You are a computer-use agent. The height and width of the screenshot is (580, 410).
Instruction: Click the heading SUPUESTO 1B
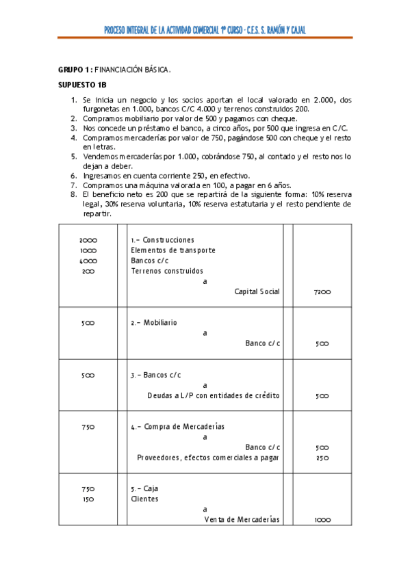pyautogui.click(x=82, y=85)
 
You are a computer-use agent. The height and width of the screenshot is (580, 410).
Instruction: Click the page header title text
pyautogui.click(x=205, y=29)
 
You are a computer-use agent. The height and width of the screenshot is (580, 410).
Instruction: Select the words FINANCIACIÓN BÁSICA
pyautogui.click(x=132, y=70)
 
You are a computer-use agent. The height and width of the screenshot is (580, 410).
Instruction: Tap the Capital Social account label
pyautogui.click(x=257, y=291)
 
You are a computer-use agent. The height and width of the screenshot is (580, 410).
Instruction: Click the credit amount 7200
pyautogui.click(x=322, y=292)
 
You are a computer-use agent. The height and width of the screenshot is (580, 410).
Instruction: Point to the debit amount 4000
pyautogui.click(x=88, y=261)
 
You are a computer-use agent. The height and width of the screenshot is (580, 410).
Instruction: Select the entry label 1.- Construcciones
pyautogui.click(x=163, y=240)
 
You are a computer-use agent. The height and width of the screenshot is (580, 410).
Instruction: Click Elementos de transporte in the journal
pyautogui.click(x=173, y=250)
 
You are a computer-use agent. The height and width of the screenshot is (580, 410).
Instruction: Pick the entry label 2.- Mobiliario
pyautogui.click(x=154, y=322)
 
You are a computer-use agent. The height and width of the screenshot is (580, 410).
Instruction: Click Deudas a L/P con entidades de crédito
pyautogui.click(x=214, y=395)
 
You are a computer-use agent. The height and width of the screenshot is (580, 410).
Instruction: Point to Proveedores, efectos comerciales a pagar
pyautogui.click(x=209, y=458)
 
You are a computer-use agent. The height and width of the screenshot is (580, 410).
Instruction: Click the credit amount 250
pyautogui.click(x=322, y=458)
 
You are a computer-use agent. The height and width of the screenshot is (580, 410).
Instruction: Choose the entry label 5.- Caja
pyautogui.click(x=144, y=488)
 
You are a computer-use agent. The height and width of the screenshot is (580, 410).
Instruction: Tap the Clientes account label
pyautogui.click(x=144, y=499)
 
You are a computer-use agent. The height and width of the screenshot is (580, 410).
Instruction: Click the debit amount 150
pyautogui.click(x=88, y=499)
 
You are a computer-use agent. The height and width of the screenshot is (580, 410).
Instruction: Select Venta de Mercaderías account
pyautogui.click(x=242, y=520)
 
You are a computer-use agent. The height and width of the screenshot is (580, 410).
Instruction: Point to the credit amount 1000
pyautogui.click(x=322, y=520)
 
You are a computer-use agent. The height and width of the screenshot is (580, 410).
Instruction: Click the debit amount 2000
pyautogui.click(x=88, y=240)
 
